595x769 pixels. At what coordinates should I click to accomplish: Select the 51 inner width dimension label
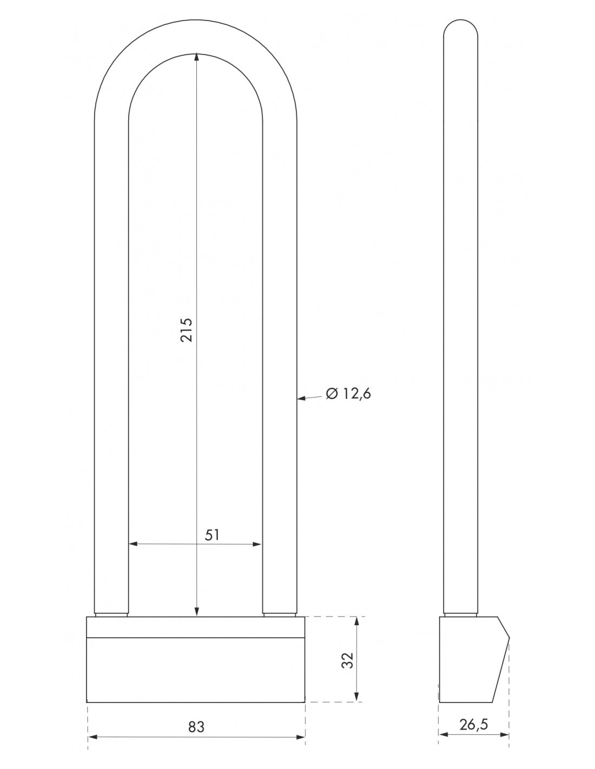coord(212,535)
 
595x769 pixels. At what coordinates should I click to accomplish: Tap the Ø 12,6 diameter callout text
coord(348,394)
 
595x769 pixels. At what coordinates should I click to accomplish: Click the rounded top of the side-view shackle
coord(460,24)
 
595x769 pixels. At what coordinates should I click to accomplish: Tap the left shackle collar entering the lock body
coord(111,614)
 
